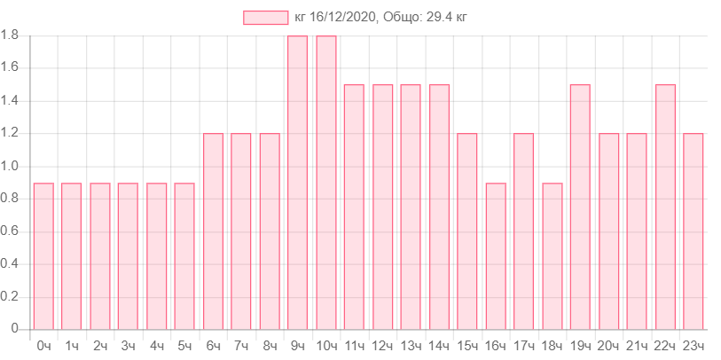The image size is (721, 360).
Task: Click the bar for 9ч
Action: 297,182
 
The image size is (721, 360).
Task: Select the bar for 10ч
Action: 325,182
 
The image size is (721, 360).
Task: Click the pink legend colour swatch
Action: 266,18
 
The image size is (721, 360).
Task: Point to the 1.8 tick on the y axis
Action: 11,35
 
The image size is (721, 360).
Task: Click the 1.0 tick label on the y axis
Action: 11,166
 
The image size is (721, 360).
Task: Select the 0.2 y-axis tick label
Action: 11,296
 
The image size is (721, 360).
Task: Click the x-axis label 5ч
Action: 184,345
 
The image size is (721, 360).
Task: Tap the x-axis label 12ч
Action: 382,345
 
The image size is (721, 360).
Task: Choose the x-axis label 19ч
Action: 580,345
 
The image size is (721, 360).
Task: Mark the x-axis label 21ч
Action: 637,345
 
